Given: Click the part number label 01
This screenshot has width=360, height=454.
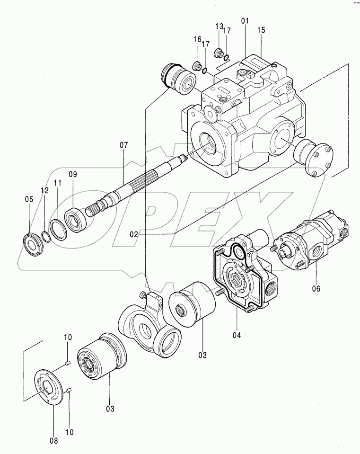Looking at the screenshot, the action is pos(245,21).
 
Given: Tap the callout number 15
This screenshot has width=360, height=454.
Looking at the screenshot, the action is pos(261,30).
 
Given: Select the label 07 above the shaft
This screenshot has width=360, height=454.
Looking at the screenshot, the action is pos(123,145).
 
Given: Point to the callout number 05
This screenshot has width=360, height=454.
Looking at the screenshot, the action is pos(29,199).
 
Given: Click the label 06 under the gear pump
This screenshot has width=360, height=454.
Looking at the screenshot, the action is pos(316,288).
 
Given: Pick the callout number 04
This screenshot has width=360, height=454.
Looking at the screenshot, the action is pos(237,335).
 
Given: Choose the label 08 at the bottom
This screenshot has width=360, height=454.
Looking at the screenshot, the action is pos(54,441).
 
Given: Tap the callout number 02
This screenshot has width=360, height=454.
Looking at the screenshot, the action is pos(134,234).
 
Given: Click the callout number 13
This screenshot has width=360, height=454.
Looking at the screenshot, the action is pos(219,27).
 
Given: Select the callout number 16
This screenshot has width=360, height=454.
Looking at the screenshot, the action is pos(197,39).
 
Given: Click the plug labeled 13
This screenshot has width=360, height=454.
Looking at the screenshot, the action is pos(219,53).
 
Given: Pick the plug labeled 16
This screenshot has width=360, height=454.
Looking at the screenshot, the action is pos(197,66).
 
